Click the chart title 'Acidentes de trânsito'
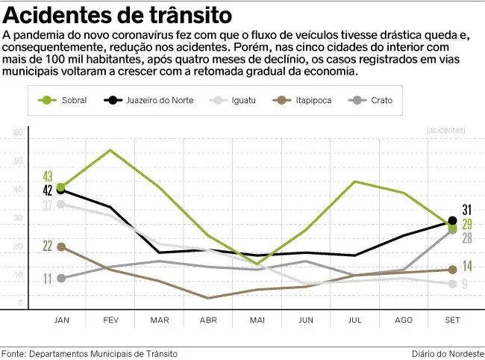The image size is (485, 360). [117, 16]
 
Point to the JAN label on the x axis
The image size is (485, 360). [62, 320]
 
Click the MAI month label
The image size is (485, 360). [257, 320]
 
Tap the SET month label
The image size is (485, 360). [452, 320]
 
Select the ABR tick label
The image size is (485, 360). [208, 320]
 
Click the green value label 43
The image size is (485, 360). [48, 176]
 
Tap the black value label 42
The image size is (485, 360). [48, 190]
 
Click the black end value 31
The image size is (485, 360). [466, 210]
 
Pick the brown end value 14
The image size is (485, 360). [466, 266]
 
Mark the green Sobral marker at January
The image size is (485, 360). [61, 187]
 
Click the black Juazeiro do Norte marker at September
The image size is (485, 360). [452, 221]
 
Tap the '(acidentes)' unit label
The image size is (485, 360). [445, 130]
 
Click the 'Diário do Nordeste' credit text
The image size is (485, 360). [447, 353]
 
